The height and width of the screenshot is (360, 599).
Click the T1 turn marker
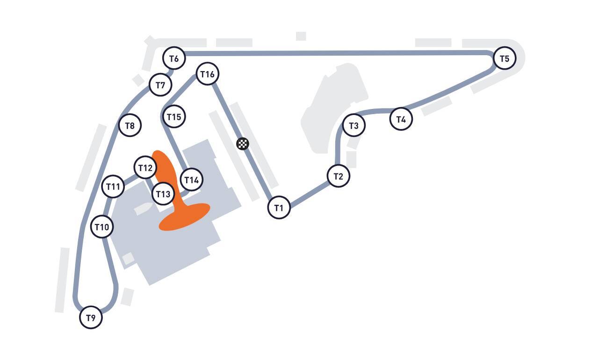279,208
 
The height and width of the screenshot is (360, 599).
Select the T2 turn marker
339,176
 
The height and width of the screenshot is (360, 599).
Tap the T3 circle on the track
354,125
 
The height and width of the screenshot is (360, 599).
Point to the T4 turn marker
401,119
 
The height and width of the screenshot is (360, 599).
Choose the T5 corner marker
505,58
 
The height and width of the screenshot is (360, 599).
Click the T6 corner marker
174,58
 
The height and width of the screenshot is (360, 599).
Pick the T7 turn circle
160,85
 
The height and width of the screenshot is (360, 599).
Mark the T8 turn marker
130,125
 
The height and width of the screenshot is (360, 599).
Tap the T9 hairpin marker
91,317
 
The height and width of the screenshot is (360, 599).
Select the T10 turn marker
102,227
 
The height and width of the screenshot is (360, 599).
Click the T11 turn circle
113,186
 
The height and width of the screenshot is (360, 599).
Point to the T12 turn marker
145,167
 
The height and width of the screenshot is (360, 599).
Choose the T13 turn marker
163,194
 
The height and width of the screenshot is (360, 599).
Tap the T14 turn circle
192,180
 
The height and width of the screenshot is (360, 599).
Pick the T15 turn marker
174,116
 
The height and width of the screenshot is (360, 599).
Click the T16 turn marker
208,74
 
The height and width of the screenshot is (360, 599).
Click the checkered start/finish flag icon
243,144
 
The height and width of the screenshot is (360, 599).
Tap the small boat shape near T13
143,209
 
